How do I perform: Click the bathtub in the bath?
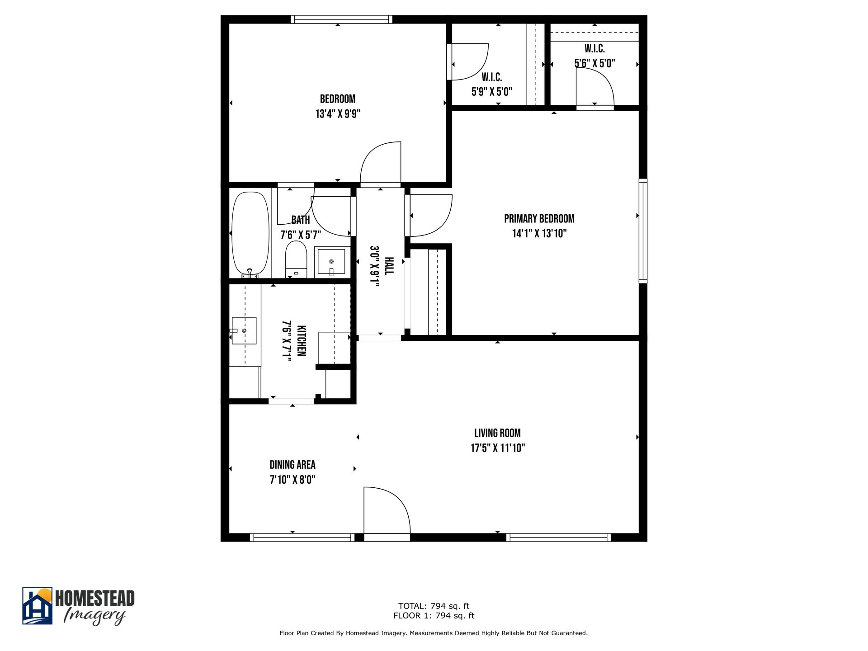(250, 234)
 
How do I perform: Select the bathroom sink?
(331, 262)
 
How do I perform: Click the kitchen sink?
(244, 331)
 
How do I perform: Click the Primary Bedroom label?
(539, 219)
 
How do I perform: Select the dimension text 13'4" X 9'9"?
(338, 114)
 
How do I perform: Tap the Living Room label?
(497, 433)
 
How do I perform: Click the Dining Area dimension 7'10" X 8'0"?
(292, 480)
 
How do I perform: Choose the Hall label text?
(389, 266)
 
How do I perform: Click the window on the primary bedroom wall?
(642, 231)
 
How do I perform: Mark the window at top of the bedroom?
(341, 19)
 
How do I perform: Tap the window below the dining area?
(302, 537)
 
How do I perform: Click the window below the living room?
(558, 537)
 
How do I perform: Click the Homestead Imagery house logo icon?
(38, 606)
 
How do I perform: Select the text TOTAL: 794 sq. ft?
(434, 606)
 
